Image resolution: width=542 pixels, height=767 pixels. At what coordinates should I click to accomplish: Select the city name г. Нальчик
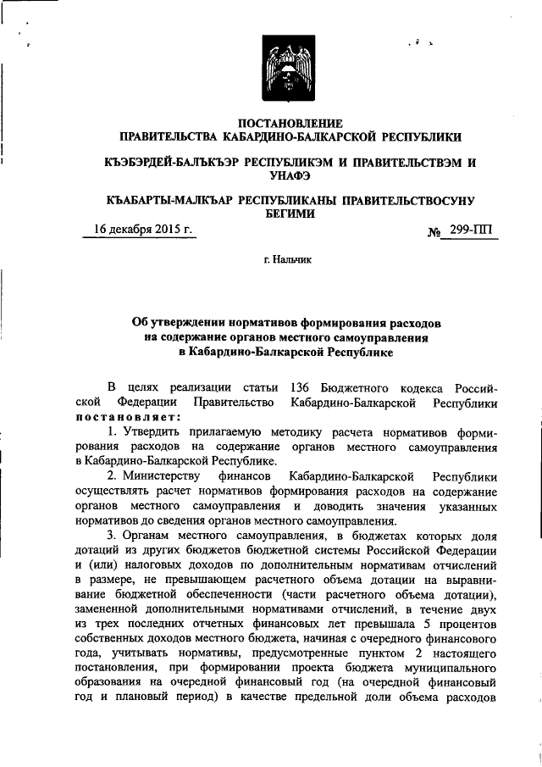coord(288,260)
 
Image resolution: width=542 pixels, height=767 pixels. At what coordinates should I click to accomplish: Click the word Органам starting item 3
coord(151,539)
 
